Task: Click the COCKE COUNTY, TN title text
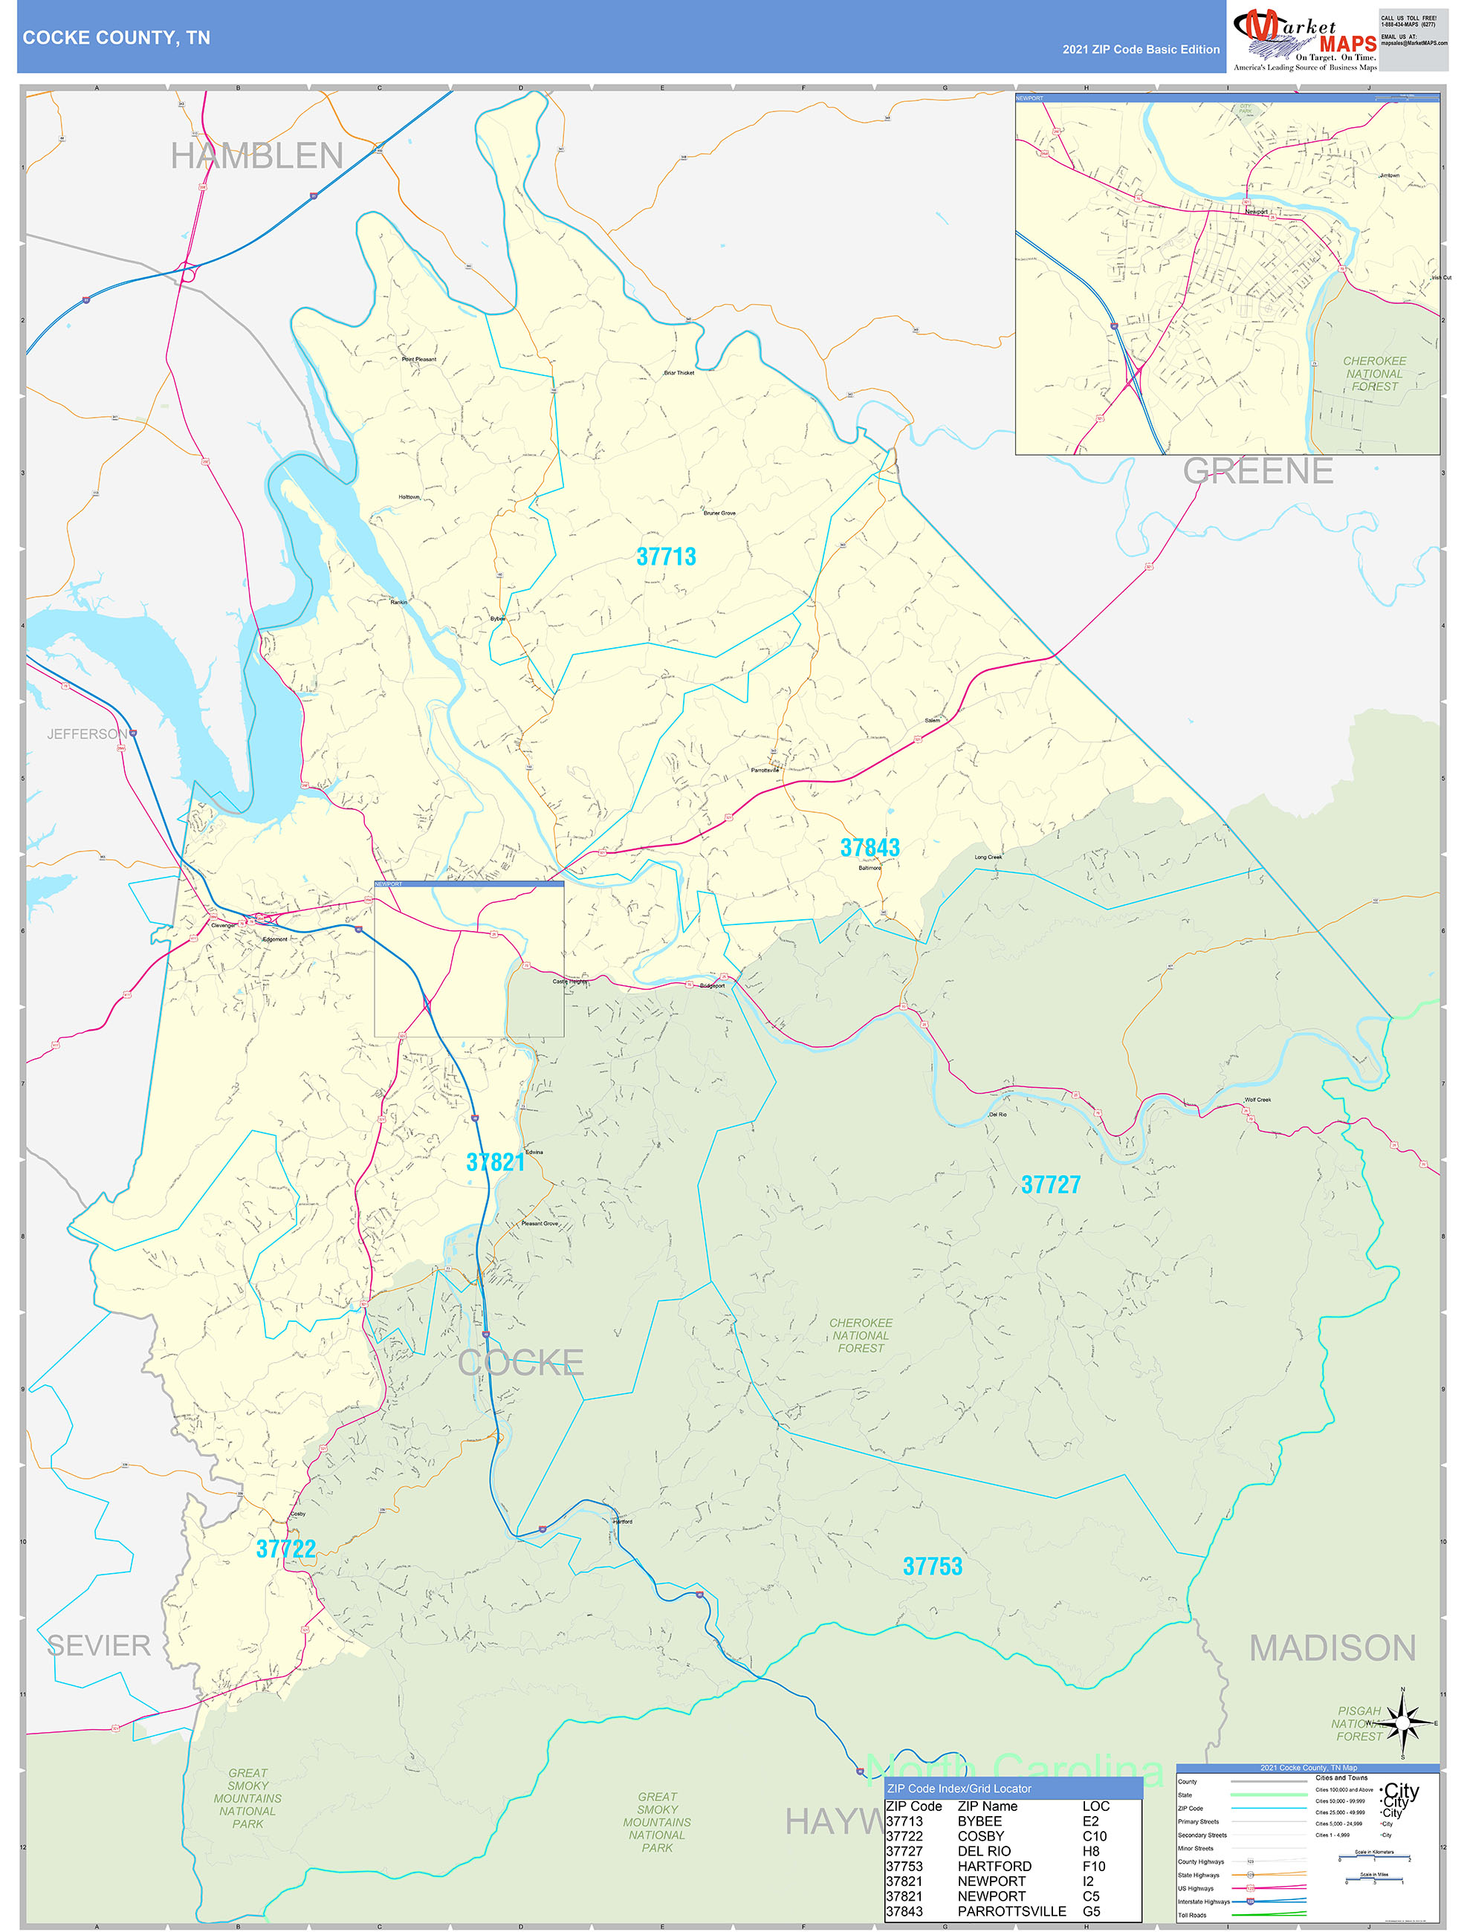[116, 38]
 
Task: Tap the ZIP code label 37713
[666, 557]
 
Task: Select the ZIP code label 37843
[869, 847]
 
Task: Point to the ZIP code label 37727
[1050, 1184]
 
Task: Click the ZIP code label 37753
[932, 1566]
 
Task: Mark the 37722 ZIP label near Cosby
[285, 1549]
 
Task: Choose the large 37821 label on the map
[496, 1162]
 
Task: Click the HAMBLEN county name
[257, 156]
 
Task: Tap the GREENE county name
[1257, 471]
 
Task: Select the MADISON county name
[1332, 1648]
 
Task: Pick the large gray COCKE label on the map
[521, 1363]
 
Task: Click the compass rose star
[1403, 1722]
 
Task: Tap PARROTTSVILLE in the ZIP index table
[1011, 1911]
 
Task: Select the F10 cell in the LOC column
[1094, 1866]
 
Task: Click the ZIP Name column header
[988, 1806]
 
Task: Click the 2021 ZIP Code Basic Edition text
[1140, 50]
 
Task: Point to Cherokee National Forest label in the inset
[1373, 374]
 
